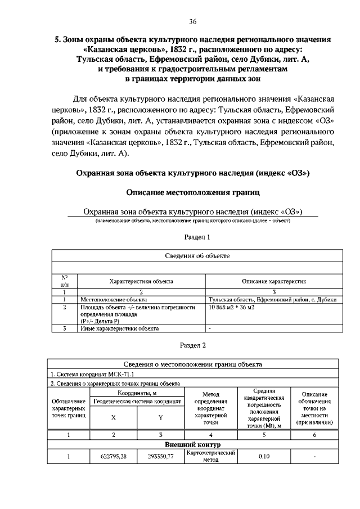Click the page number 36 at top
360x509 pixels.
pyautogui.click(x=193, y=22)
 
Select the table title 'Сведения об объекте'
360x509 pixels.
pyautogui.click(x=197, y=255)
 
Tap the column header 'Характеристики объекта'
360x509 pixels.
pyautogui.click(x=141, y=281)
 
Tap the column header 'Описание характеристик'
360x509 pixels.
pyautogui.click(x=274, y=281)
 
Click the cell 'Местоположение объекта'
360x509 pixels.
pyautogui.click(x=113, y=300)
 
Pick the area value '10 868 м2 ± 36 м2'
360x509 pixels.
pyautogui.click(x=232, y=308)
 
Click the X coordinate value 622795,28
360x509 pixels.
pyautogui.click(x=114, y=457)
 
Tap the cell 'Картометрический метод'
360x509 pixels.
pyautogui.click(x=210, y=456)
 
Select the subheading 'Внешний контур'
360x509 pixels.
pyautogui.click(x=192, y=444)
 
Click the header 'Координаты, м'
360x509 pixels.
pyautogui.click(x=137, y=392)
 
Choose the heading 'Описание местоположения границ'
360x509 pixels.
pyautogui.click(x=193, y=192)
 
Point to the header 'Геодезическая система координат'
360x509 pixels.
pyautogui.click(x=137, y=402)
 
